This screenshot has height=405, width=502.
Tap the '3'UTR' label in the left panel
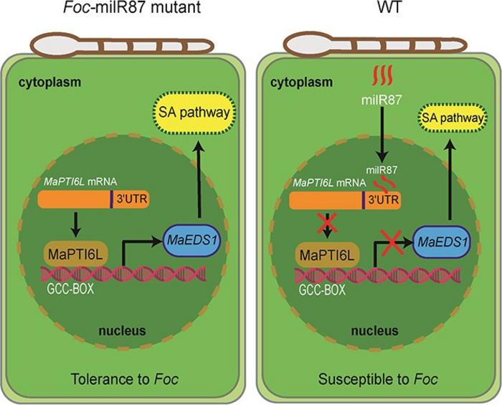click(130, 200)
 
